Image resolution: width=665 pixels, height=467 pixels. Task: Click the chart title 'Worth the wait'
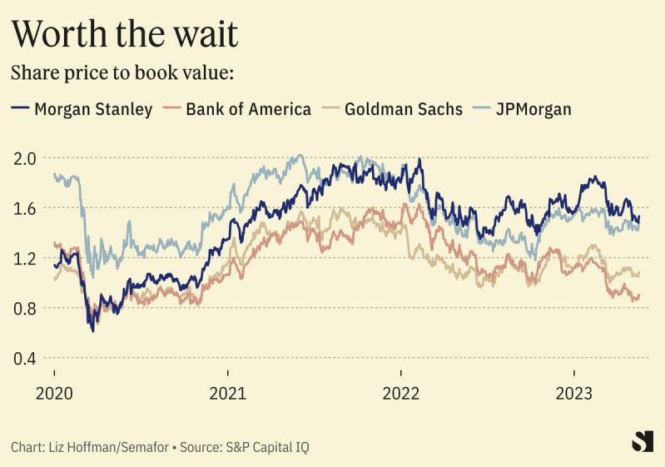(x=124, y=34)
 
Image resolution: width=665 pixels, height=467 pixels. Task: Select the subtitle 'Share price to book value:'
(x=122, y=72)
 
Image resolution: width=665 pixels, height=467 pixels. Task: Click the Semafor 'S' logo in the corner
(x=642, y=441)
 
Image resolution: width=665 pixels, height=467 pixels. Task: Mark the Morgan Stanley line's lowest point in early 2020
(x=92, y=330)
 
